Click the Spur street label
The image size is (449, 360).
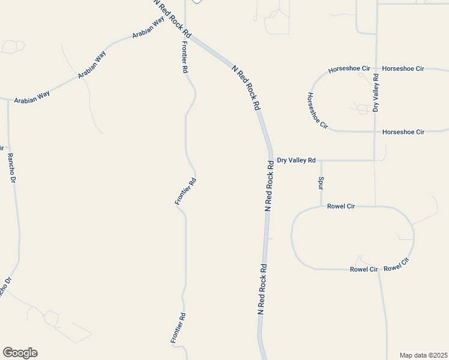(x=321, y=182)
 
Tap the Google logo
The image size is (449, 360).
(x=20, y=353)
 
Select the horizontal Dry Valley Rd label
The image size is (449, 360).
(x=296, y=160)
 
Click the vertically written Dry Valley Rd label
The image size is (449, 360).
(x=376, y=93)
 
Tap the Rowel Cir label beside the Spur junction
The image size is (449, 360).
(x=341, y=206)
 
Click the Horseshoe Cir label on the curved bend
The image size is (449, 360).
(x=318, y=110)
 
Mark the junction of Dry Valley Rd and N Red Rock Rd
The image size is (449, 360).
(x=271, y=160)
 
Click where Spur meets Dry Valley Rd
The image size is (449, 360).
(x=321, y=160)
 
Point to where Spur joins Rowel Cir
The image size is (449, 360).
(x=321, y=206)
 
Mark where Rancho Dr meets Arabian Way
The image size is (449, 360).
(x=8, y=100)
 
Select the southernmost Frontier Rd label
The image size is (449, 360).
(x=176, y=328)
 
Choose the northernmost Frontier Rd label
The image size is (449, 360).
(x=184, y=57)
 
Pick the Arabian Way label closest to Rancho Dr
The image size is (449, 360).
(x=33, y=97)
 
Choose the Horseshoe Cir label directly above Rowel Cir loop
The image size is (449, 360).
(x=403, y=131)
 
